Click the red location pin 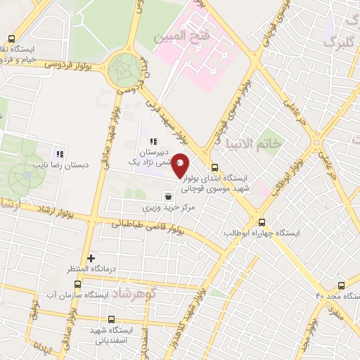pyautogui.click(x=181, y=165)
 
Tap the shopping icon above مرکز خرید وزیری pyautogui.click(x=168, y=196)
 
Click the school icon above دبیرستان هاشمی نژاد pyautogui.click(x=153, y=141)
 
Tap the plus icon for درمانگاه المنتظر pyautogui.click(x=91, y=258)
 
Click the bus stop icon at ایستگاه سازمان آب pyautogui.click(x=77, y=285)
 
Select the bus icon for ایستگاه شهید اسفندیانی pyautogui.click(x=111, y=319)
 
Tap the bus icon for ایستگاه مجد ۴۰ pyautogui.click(x=341, y=285)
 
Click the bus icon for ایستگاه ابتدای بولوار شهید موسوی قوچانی pyautogui.click(x=214, y=176)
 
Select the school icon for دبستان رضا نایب pyautogui.click(x=60, y=153)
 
